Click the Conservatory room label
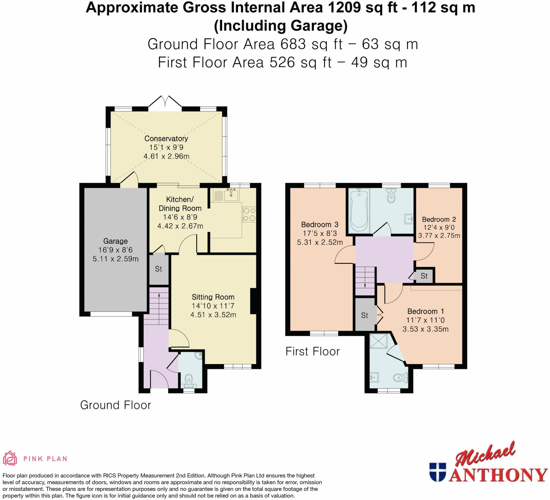click(x=166, y=138)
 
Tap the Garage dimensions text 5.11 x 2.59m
click(x=115, y=259)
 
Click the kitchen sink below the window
click(x=231, y=195)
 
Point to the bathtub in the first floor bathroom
click(x=359, y=210)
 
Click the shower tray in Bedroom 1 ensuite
click(x=378, y=341)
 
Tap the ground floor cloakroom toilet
click(x=189, y=380)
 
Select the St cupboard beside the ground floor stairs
click(x=158, y=269)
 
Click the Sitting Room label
click(x=213, y=297)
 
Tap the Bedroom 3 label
click(x=320, y=224)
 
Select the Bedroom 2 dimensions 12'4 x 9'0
click(x=439, y=227)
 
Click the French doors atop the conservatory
click(x=165, y=102)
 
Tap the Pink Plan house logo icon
click(x=10, y=458)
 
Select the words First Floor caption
click(x=312, y=351)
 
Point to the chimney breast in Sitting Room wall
click(x=253, y=301)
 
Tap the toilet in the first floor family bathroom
click(x=391, y=196)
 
